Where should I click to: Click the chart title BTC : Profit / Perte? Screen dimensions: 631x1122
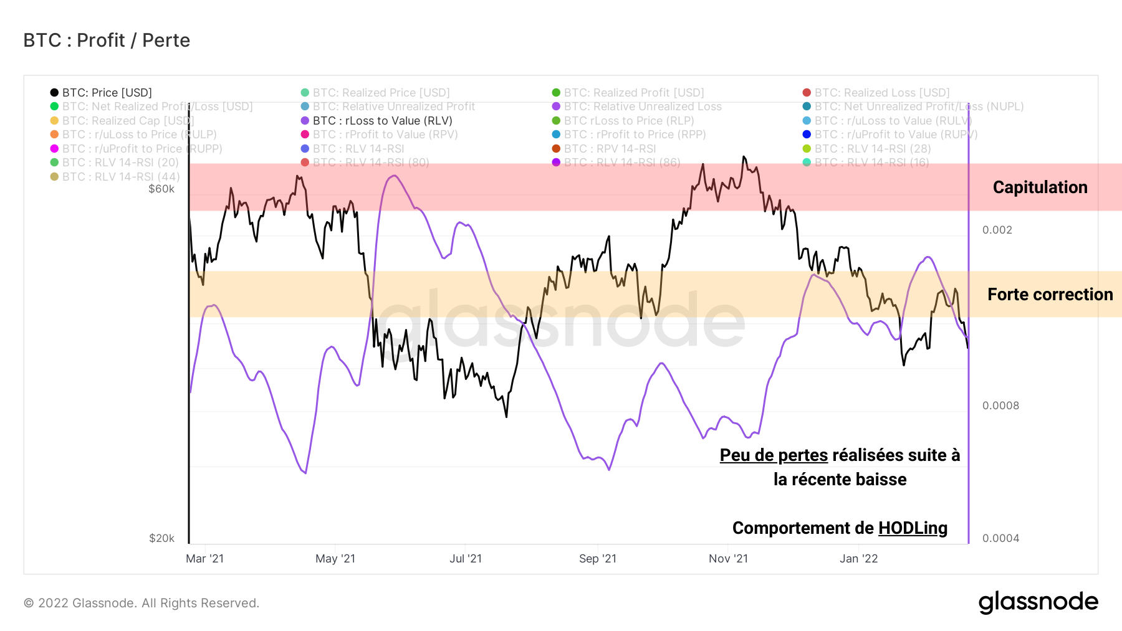coord(107,40)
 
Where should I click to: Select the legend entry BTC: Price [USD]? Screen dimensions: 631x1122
coord(107,93)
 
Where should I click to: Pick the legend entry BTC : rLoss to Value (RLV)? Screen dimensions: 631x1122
coord(382,121)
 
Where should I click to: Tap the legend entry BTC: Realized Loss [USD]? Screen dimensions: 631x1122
coord(881,93)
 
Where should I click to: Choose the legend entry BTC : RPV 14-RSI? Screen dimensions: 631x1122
coord(610,149)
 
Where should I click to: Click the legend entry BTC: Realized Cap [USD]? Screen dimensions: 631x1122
coord(128,121)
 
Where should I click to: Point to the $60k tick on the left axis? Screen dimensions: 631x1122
coord(161,189)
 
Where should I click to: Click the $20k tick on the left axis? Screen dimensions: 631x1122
coord(161,538)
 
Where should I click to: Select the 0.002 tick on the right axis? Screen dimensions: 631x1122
coord(997,230)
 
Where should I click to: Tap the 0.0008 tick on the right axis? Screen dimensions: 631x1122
coord(1000,406)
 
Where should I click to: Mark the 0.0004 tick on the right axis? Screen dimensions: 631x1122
coord(1000,538)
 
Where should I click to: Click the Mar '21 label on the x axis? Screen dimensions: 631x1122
coord(204,559)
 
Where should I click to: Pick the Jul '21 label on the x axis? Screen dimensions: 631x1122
coord(466,559)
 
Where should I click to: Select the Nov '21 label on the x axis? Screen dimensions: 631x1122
coord(728,559)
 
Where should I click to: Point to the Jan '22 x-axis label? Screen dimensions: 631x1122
coord(858,559)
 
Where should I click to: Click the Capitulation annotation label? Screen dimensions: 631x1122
coord(1040,187)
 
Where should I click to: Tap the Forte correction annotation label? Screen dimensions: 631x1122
coord(1050,295)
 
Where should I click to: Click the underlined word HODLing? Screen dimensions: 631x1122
coord(913,528)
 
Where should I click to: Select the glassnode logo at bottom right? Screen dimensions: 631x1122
coord(1038,602)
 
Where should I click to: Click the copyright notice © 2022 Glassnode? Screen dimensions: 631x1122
coord(141,603)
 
